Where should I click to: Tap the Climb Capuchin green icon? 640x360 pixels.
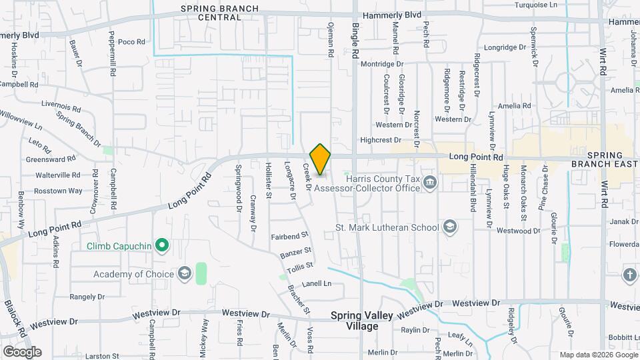161,247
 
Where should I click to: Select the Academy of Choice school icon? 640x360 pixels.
184,273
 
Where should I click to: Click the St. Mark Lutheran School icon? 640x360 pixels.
450,227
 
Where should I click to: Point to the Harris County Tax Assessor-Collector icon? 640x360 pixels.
430,181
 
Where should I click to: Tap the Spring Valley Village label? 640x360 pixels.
354,321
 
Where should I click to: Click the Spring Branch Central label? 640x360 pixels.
211,13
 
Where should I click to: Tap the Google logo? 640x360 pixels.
22,351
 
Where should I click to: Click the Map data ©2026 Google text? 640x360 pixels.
597,355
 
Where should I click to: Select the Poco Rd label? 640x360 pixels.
131,42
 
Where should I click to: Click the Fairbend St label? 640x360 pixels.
289,235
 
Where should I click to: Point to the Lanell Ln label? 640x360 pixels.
317,283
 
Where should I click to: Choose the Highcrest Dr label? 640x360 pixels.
380,140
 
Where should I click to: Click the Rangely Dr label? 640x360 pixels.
87,297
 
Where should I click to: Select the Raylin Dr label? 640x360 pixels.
415,330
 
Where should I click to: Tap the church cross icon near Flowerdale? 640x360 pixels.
630,274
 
